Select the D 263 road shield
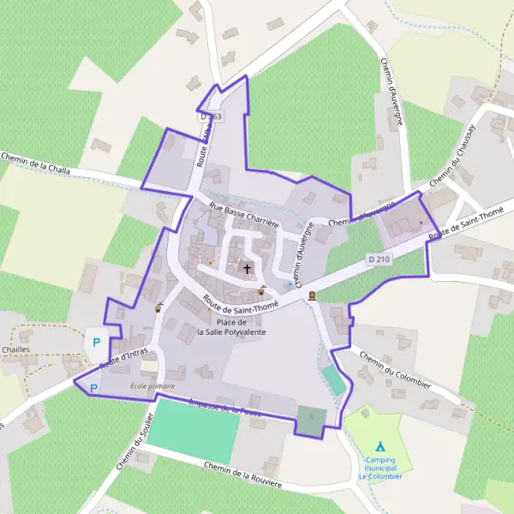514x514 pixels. pyautogui.click(x=210, y=116)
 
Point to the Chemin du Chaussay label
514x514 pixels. pyautogui.click(x=452, y=164)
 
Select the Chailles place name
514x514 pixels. pyautogui.click(x=16, y=350)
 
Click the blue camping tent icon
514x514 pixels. pyautogui.click(x=380, y=446)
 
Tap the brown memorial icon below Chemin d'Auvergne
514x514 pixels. pyautogui.click(x=312, y=296)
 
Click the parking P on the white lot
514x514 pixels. pyautogui.click(x=96, y=342)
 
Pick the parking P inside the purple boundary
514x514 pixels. pyautogui.click(x=93, y=388)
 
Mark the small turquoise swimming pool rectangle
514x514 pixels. pyautogui.click(x=334, y=380)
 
